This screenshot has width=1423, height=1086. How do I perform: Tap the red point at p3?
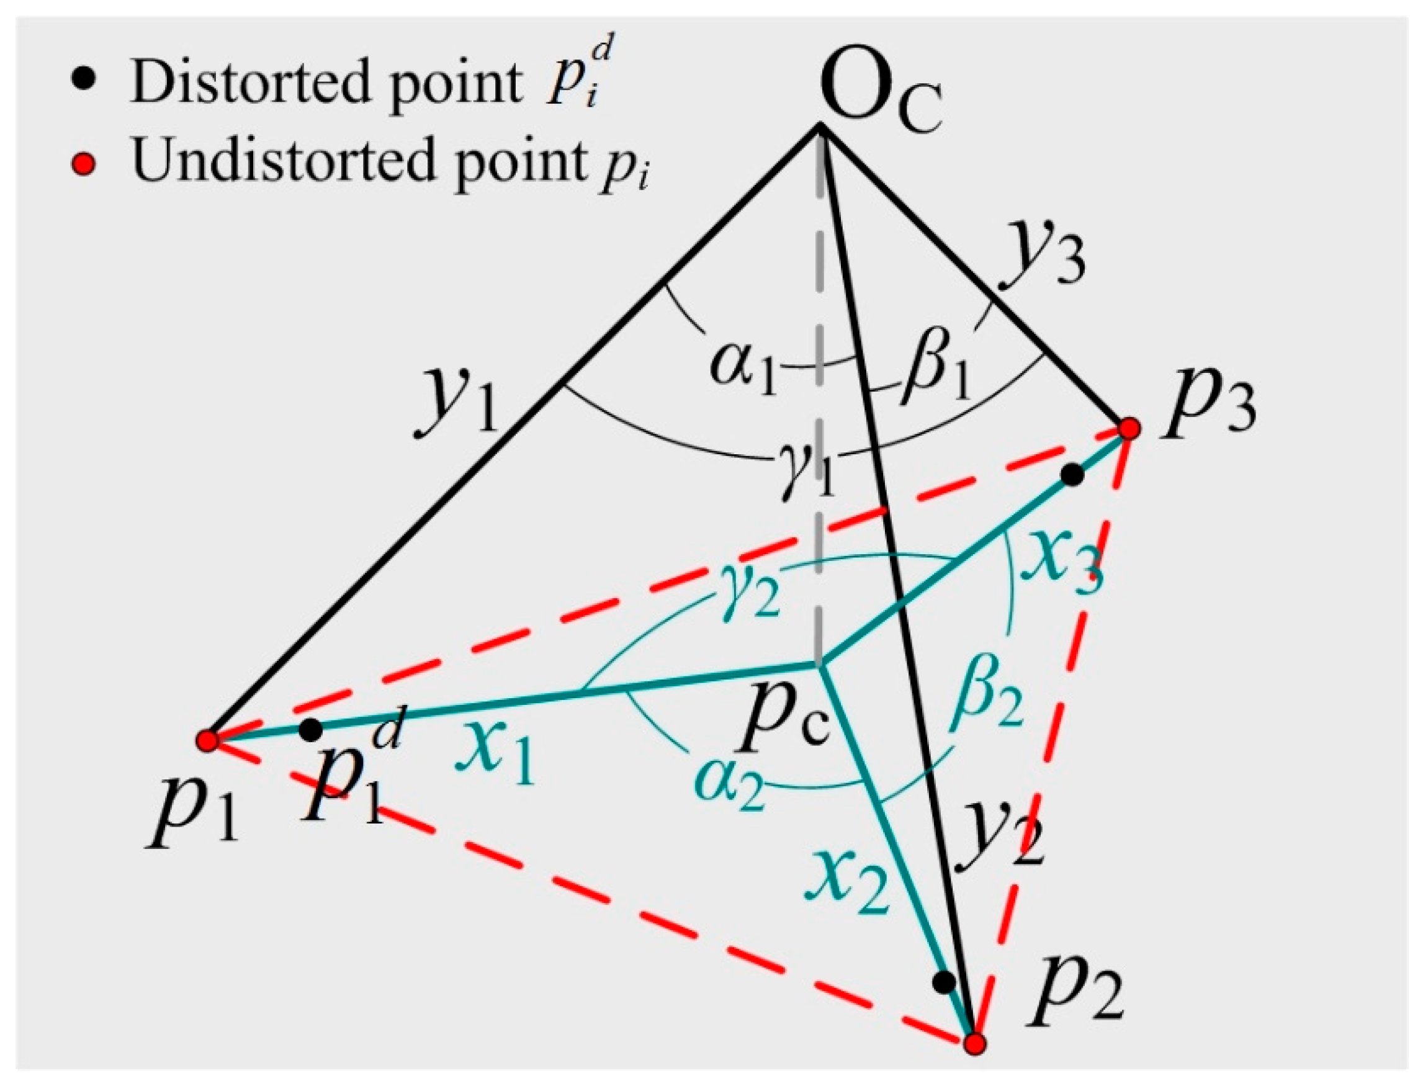(x=1129, y=429)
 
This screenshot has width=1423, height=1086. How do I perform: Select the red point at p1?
(x=207, y=740)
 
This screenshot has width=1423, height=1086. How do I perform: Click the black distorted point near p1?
(x=311, y=730)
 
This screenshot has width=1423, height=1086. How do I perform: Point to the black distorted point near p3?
(x=1072, y=475)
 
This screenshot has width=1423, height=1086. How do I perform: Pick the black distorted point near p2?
(x=944, y=982)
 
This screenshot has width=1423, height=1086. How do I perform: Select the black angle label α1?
(x=743, y=372)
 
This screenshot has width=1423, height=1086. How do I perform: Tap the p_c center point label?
(x=783, y=727)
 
